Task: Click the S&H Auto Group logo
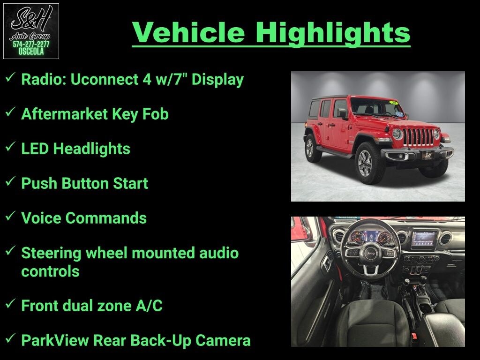tap(31, 31)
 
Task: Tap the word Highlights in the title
tap(333, 33)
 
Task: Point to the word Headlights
tap(91, 149)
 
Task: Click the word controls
tap(50, 271)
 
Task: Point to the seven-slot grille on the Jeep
tap(418, 137)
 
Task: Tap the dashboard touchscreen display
tap(424, 240)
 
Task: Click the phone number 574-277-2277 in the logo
tap(31, 45)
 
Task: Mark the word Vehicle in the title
tap(188, 33)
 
